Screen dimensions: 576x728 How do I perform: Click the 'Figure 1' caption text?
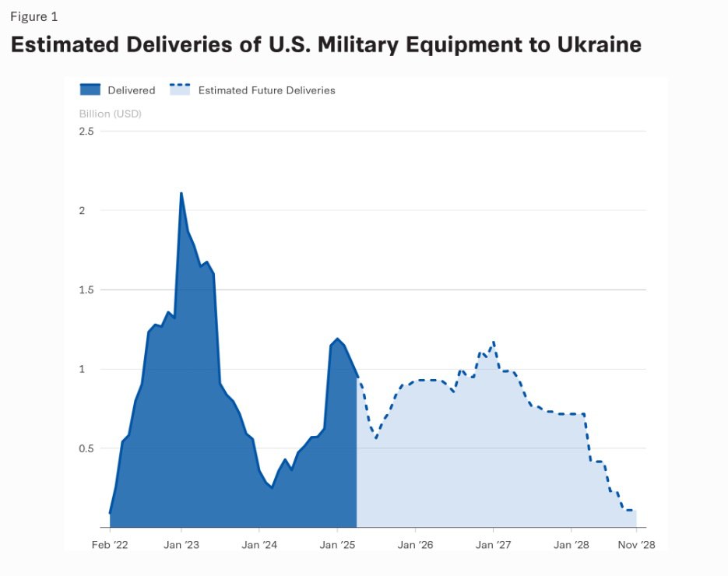[x=33, y=17]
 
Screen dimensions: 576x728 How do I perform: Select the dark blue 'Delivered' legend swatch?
[x=90, y=90]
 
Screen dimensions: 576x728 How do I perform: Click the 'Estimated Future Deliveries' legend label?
[x=266, y=90]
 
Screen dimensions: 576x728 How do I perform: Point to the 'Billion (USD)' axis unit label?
[x=110, y=114]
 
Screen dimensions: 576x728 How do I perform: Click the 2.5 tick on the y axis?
[x=86, y=131]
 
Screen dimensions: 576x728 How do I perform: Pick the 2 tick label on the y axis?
[x=90, y=210]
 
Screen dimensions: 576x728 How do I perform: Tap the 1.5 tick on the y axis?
[x=86, y=290]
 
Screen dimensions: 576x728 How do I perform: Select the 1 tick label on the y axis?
[x=90, y=369]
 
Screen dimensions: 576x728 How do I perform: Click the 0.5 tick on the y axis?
[x=86, y=448]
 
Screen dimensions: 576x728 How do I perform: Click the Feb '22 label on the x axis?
[x=110, y=545]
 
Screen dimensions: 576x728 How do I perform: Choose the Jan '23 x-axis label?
[x=181, y=545]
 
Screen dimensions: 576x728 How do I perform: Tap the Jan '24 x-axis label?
[x=259, y=545]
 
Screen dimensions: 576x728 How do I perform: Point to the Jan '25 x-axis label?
[x=337, y=545]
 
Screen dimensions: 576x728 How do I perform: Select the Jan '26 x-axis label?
[x=415, y=545]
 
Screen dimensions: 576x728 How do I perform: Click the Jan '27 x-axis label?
[x=493, y=545]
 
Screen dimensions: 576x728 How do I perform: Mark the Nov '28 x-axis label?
[x=636, y=545]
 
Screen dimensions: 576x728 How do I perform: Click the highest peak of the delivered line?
[x=181, y=193]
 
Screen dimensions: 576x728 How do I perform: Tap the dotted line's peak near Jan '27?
[x=494, y=342]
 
